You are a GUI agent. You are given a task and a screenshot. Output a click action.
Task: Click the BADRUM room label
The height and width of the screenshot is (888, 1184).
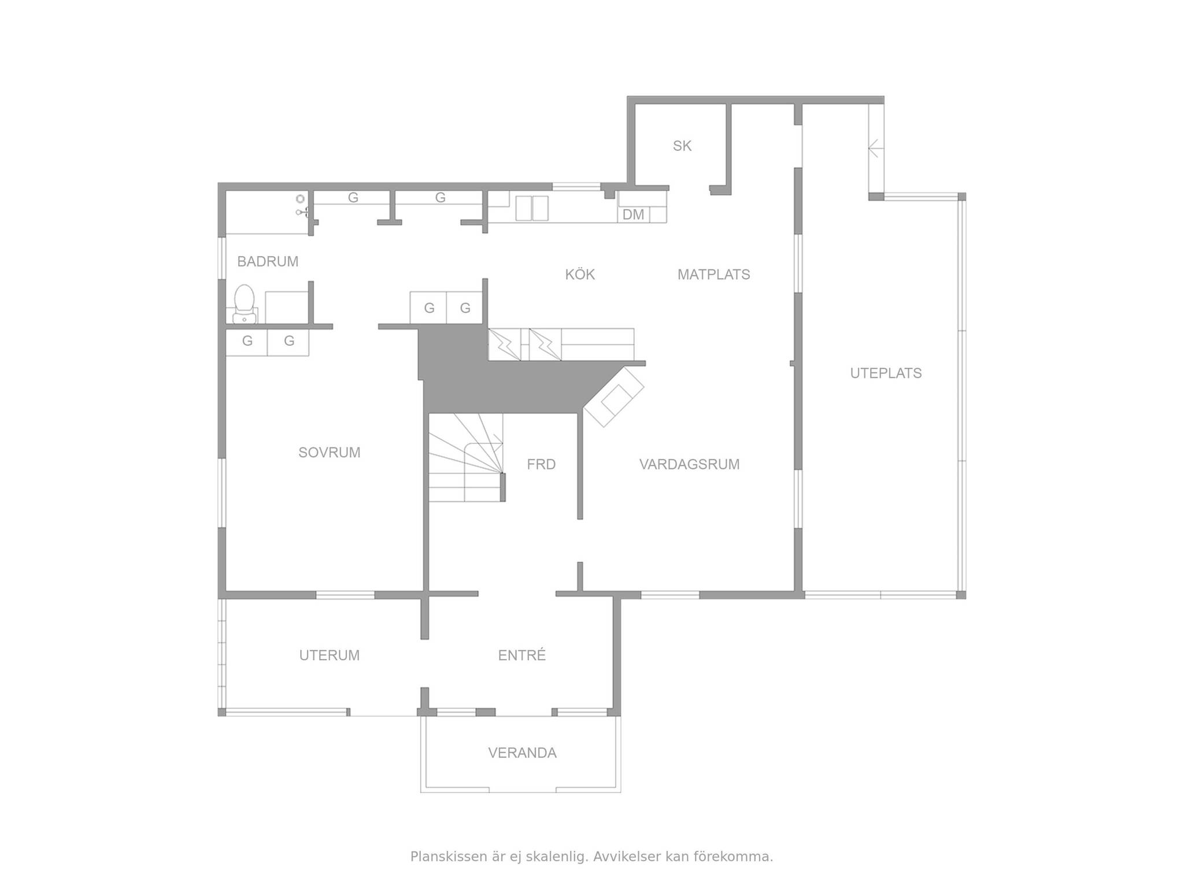point(268,261)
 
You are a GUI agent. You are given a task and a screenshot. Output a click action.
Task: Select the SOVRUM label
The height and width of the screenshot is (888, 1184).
point(330,452)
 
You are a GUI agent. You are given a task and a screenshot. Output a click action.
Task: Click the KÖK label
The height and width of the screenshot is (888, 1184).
point(580,274)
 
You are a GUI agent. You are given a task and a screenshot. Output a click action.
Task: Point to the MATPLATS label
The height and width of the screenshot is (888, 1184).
point(714,274)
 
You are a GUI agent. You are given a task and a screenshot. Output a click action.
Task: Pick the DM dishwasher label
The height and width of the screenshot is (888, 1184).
point(633,214)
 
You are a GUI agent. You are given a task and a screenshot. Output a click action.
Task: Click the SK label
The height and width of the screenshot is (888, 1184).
point(682,146)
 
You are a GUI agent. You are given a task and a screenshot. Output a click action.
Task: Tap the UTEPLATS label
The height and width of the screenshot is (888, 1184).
point(886,373)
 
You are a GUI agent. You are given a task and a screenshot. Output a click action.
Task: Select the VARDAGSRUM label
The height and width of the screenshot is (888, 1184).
point(689,464)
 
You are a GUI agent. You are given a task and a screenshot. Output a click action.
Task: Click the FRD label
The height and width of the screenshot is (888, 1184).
point(541,464)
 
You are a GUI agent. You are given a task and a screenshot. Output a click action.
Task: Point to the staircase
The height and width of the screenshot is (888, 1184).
point(466,457)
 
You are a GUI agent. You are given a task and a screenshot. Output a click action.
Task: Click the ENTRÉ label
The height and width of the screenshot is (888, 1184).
point(522,655)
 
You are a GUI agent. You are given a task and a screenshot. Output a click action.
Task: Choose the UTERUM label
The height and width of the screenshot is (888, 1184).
point(330,655)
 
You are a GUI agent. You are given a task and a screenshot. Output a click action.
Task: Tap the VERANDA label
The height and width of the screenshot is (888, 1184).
point(522,753)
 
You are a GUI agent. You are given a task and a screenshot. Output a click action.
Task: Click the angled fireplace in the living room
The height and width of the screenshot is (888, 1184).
point(614,397)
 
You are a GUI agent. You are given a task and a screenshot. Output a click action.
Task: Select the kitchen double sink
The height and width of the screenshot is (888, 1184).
point(531,208)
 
